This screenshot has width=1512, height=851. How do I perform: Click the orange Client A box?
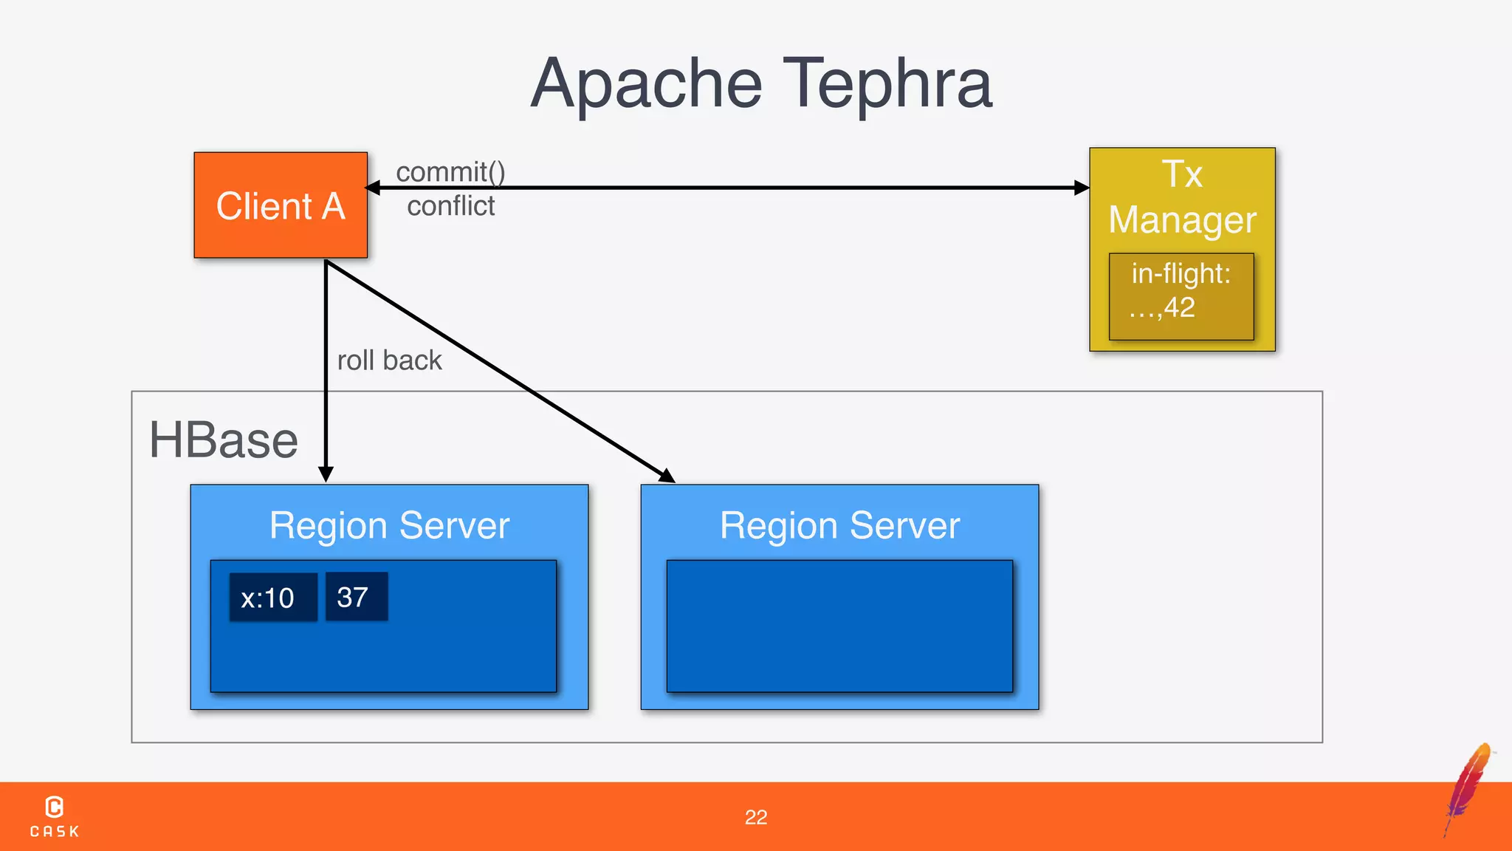click(x=281, y=205)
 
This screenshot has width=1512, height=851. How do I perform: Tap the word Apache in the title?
click(x=646, y=85)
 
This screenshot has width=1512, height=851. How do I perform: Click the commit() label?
click(x=450, y=171)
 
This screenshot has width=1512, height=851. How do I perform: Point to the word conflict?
click(x=450, y=206)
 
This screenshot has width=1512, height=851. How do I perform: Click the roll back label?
click(x=389, y=360)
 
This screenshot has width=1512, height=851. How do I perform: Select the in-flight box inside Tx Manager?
click(x=1181, y=296)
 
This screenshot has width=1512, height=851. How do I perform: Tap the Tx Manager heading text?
click(x=1182, y=197)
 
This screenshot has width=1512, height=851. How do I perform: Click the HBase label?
click(x=223, y=440)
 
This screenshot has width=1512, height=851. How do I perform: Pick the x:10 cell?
click(x=272, y=597)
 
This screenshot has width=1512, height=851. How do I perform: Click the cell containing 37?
click(x=356, y=596)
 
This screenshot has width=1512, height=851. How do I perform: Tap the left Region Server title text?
click(x=389, y=526)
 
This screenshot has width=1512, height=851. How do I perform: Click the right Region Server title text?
click(x=839, y=526)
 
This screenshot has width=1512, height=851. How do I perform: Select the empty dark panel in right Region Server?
click(x=839, y=626)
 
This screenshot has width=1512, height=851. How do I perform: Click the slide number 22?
click(x=755, y=817)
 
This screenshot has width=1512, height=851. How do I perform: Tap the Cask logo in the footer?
click(x=55, y=816)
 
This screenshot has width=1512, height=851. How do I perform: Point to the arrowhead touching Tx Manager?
click(x=1082, y=188)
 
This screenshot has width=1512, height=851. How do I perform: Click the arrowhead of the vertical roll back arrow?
click(x=326, y=474)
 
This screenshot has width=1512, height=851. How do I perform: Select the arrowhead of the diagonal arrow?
click(x=667, y=476)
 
